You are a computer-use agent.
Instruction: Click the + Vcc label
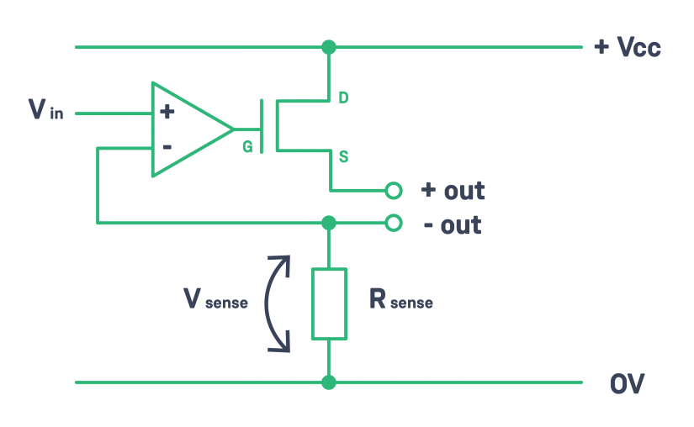(627, 47)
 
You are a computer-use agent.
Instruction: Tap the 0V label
(627, 384)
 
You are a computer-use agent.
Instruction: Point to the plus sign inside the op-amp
(167, 111)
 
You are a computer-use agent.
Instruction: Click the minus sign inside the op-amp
(167, 147)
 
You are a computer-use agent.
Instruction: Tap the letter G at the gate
(247, 147)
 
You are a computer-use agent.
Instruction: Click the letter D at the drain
(343, 98)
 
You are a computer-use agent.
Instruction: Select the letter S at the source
(343, 156)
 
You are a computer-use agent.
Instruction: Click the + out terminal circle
(393, 191)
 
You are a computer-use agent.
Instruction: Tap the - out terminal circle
(393, 223)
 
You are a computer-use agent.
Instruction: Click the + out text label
(453, 191)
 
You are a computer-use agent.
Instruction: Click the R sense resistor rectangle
(329, 303)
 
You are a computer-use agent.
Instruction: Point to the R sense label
(400, 299)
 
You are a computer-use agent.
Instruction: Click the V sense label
(215, 299)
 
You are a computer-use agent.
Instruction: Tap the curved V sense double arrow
(273, 303)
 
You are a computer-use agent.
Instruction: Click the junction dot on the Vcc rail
(329, 47)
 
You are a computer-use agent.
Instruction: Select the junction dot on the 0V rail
(329, 382)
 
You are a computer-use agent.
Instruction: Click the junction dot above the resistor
(329, 223)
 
